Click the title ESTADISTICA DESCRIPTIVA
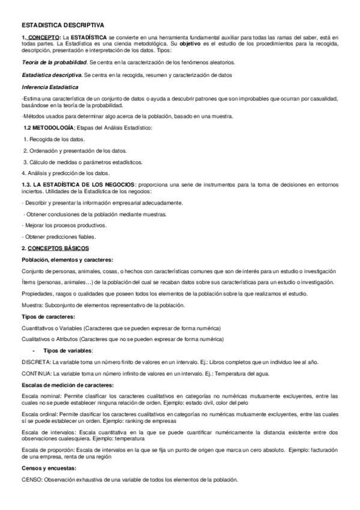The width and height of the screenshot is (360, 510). (x=63, y=26)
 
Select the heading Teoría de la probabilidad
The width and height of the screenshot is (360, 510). (x=53, y=62)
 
